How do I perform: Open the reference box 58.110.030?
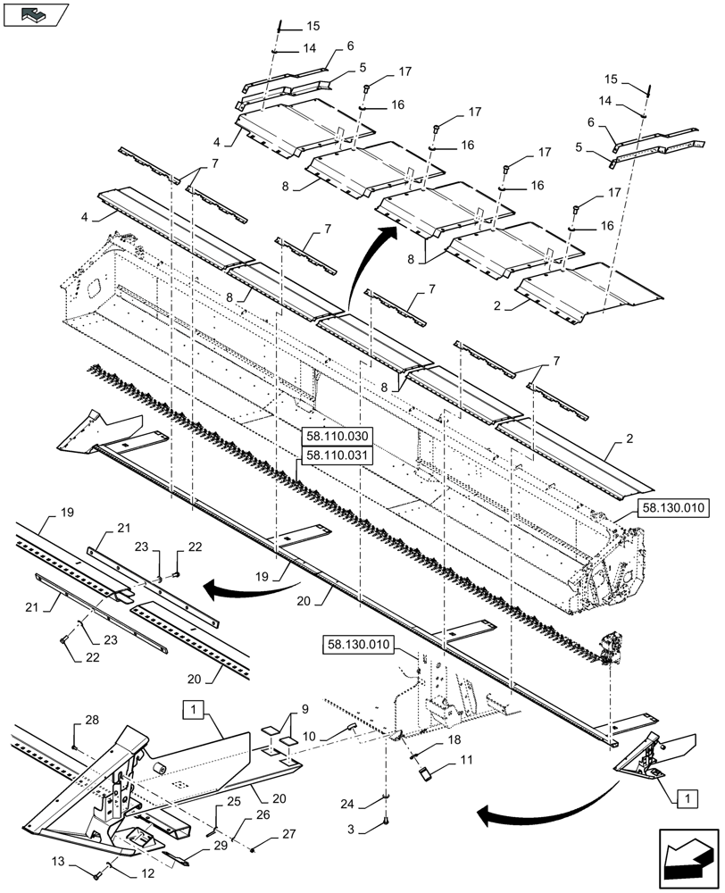(334, 438)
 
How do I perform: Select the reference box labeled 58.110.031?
(334, 455)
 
